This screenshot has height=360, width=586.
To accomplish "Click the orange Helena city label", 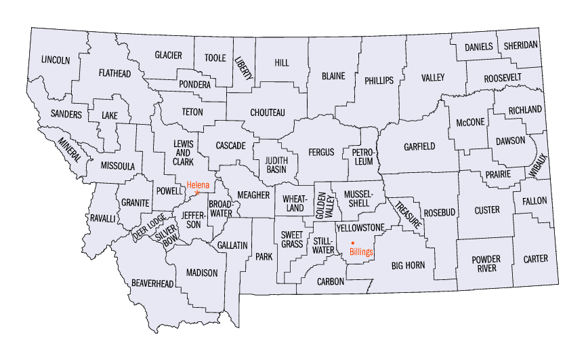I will click(198, 184).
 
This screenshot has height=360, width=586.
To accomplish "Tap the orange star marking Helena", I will click(197, 193).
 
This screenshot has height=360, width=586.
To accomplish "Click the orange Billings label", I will click(361, 252).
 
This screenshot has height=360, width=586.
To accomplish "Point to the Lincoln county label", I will click(56, 60).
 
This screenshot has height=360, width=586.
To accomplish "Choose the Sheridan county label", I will click(521, 45).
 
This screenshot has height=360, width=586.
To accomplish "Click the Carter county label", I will click(536, 259).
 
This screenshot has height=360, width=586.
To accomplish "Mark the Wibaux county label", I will click(539, 166).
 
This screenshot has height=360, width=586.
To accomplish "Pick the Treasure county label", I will click(410, 214).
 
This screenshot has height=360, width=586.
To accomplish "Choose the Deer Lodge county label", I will click(148, 226).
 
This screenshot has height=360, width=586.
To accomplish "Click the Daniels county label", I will click(479, 47).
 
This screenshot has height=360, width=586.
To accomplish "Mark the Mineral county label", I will click(73, 148).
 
